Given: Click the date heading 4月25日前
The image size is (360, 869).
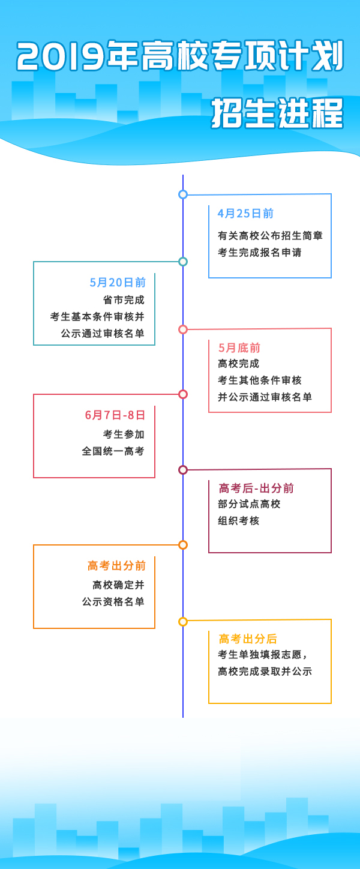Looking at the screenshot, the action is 245,214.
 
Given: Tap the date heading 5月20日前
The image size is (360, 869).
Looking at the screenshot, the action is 118,283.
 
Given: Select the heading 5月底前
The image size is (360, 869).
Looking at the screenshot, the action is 239,348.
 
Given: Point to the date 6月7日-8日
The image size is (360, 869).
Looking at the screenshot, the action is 115,415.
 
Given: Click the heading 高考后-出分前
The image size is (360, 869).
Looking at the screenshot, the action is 256,488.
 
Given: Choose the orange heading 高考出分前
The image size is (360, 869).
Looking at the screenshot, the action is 116,565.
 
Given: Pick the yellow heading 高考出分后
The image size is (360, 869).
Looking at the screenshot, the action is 247,639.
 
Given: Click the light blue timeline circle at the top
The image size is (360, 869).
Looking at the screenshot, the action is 183,194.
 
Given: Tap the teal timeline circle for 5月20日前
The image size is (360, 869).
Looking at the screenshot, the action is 183,262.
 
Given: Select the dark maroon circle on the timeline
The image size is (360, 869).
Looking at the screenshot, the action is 183,470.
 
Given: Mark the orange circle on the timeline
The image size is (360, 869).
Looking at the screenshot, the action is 183,545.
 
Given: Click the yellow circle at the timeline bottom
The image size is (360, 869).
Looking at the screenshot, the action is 183,622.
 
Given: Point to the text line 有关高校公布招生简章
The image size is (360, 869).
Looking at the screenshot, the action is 270,235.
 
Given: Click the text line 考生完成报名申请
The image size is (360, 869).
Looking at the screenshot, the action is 260,252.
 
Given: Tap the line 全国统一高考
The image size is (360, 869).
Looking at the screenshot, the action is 113,451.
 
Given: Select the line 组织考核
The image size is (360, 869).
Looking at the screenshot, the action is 239,521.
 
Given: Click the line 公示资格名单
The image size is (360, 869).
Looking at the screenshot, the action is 113,601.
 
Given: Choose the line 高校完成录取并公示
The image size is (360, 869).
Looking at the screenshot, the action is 265,671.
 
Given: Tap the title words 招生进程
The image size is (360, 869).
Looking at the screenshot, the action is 278,113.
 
